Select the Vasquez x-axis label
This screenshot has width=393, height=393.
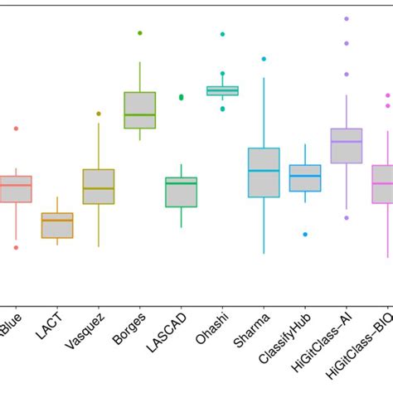[x=88, y=329]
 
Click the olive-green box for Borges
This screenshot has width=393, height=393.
[x=140, y=109]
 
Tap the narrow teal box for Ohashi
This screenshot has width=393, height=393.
[x=222, y=90]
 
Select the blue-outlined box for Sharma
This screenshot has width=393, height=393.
[x=264, y=172]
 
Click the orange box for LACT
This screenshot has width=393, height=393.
[x=57, y=226]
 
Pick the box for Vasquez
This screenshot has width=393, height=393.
[x=99, y=187]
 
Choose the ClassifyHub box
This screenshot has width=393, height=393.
[x=305, y=178]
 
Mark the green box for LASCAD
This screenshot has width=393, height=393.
[x=182, y=192]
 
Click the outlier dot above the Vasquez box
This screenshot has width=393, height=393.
[x=99, y=114]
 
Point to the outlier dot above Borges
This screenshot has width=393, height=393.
[x=140, y=33]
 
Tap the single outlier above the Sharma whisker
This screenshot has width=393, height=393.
[x=264, y=59]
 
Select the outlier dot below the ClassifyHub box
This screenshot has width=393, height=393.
[x=305, y=235]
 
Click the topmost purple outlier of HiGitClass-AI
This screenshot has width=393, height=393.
[x=347, y=18]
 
